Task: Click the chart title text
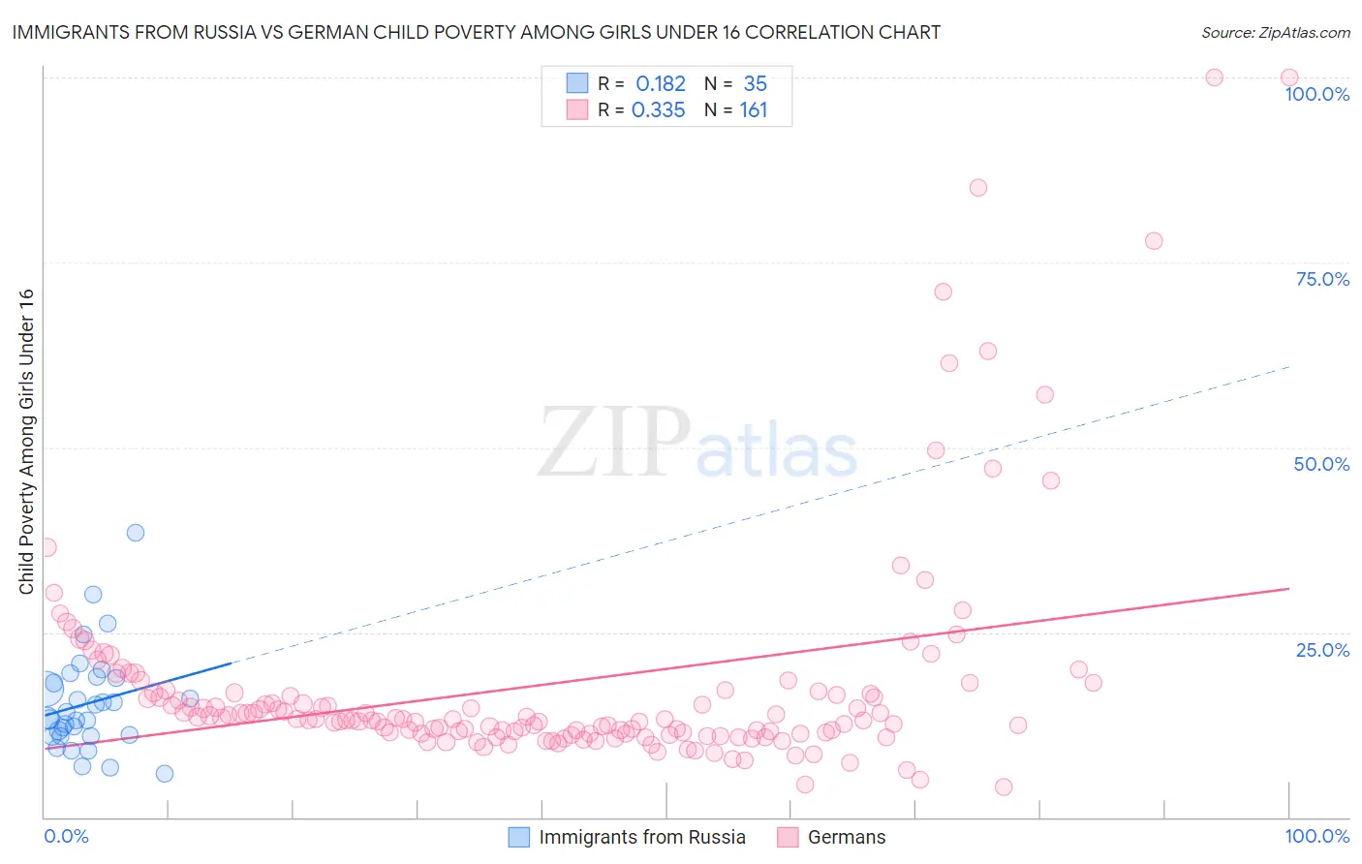coord(476,32)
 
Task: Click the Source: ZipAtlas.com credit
coord(1275,32)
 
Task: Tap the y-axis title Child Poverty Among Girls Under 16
coord(26,442)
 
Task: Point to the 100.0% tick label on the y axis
coord(1316,94)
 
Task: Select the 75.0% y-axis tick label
coord(1322,279)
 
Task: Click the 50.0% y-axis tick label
coord(1321,464)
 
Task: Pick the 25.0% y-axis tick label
coord(1322,649)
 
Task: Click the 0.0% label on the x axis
coord(66,836)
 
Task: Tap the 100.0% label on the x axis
coord(1316,836)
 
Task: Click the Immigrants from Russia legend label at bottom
coord(641,837)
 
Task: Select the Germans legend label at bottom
coord(846,837)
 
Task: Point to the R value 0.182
coord(661,84)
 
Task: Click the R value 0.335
coord(658,110)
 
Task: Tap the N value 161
coord(753,110)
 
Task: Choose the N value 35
coord(755,84)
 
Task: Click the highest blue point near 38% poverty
coord(136,533)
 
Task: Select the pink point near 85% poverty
coord(978,188)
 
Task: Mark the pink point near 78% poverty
coord(1154,241)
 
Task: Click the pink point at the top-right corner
coord(1289,77)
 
